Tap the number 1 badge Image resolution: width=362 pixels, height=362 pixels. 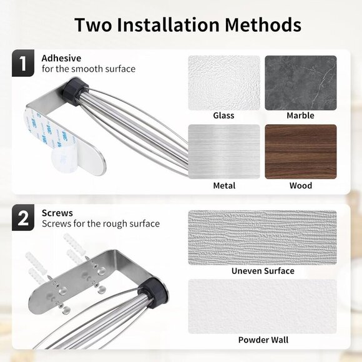coord(23,64)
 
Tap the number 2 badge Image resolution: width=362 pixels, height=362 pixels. coord(23,218)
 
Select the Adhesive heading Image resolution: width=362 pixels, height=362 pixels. coord(60,58)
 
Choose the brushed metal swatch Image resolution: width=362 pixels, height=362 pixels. coord(224,152)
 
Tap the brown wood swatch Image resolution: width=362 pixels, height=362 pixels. coord(301,152)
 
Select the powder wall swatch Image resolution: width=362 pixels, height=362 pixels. coord(262,306)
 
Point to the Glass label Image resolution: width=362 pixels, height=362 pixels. coord(223,115)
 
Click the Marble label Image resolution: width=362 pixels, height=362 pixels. coord(300,115)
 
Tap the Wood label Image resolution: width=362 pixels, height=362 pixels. coord(300,185)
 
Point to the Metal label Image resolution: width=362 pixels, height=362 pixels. coord(223,185)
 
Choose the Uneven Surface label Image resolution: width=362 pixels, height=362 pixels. coord(262,271)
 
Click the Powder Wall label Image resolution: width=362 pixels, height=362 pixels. coord(262,340)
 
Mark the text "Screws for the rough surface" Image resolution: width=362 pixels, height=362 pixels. coord(100,223)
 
